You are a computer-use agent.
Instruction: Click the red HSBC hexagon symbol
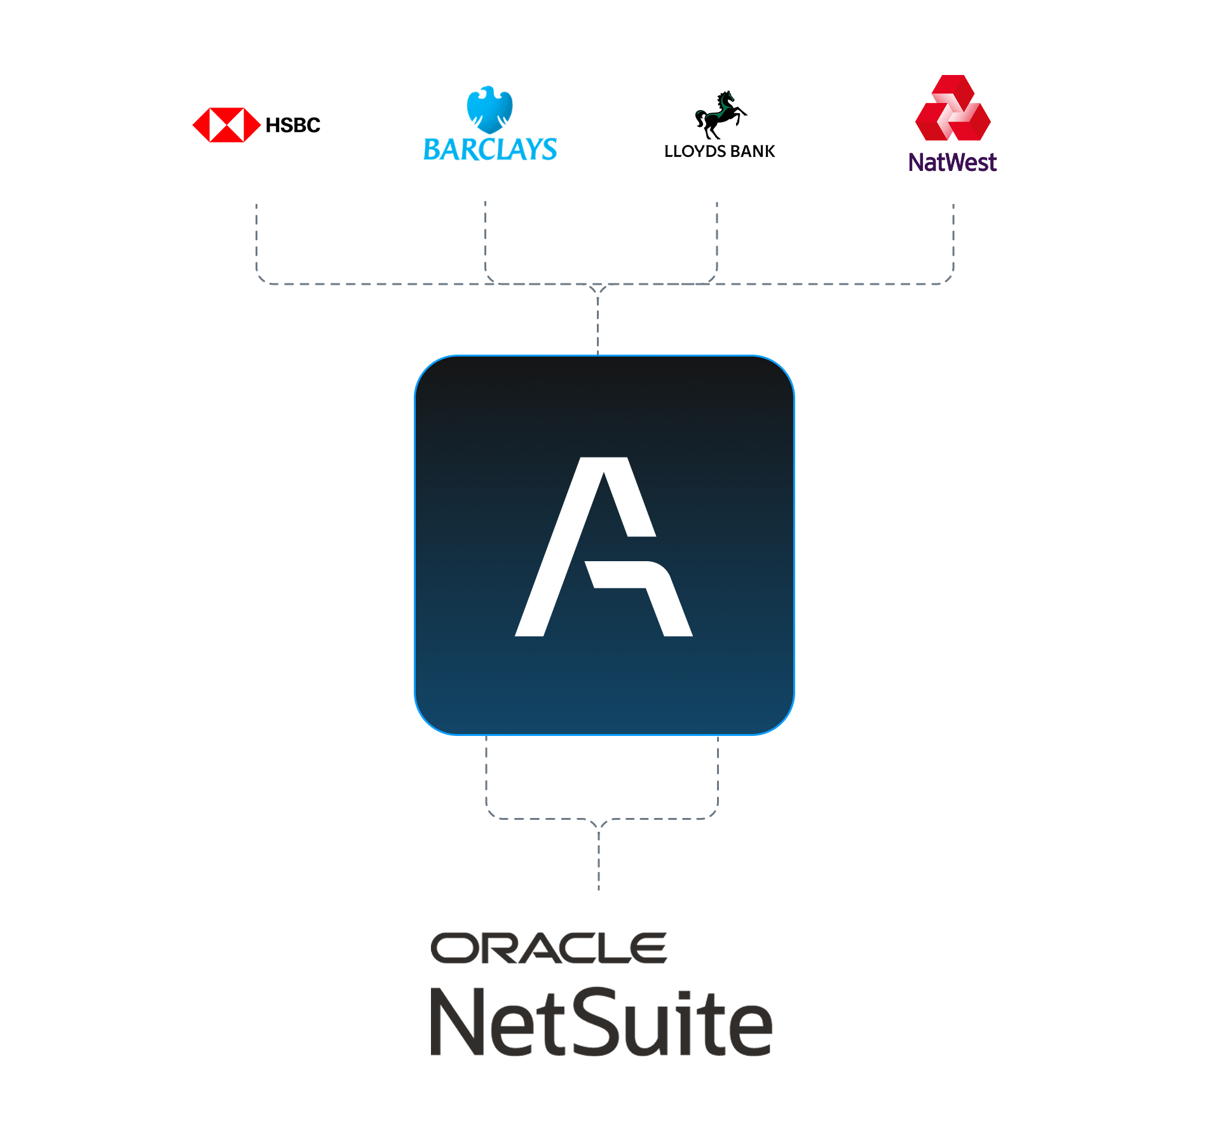[x=226, y=125]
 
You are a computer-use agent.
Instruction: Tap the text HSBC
[x=292, y=125]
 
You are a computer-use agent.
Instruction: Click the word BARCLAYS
[x=489, y=150]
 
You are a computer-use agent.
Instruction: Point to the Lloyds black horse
[x=720, y=114]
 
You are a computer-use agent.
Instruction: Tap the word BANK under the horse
[x=753, y=151]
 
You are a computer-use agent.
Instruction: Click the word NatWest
[x=952, y=163]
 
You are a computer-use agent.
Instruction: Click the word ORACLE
[x=549, y=948]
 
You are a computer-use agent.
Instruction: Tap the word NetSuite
[x=601, y=1023]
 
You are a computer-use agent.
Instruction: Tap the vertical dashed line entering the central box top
[x=598, y=324]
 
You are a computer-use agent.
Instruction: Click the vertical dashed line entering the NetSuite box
[x=599, y=858]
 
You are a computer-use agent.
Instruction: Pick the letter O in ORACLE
[x=453, y=948]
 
